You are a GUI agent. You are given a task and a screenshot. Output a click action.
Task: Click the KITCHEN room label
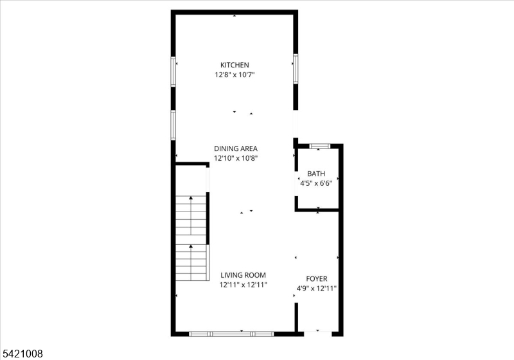click(x=235, y=65)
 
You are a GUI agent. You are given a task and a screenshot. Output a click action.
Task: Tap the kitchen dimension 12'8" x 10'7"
click(x=235, y=75)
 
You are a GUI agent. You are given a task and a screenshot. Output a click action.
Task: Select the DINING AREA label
click(x=236, y=148)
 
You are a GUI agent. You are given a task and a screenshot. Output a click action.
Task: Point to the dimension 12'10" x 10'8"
click(x=236, y=158)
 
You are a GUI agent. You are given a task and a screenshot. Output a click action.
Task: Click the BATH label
click(x=316, y=174)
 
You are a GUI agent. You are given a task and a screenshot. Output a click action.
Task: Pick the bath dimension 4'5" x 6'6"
click(x=316, y=183)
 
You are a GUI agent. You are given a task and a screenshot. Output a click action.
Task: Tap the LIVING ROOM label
click(x=244, y=275)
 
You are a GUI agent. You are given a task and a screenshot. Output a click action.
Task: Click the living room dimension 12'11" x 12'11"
click(x=244, y=285)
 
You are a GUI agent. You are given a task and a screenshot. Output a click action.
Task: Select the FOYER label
click(x=317, y=279)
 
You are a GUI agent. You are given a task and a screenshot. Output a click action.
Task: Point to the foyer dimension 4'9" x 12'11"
click(x=317, y=289)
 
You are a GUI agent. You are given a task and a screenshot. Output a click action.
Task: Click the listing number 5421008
click(x=22, y=354)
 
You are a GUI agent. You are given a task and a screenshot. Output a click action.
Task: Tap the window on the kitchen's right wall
click(x=296, y=69)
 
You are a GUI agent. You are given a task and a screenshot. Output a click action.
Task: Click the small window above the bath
click(x=320, y=146)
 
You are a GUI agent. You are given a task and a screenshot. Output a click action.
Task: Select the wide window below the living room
click(x=231, y=334)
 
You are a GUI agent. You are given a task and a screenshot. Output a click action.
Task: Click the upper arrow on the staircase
click(x=191, y=215)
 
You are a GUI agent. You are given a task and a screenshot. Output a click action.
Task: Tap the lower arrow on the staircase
click(x=191, y=262)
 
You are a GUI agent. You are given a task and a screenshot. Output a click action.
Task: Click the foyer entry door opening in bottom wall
click(x=318, y=334)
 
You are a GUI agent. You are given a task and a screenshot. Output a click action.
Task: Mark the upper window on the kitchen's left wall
click(x=173, y=71)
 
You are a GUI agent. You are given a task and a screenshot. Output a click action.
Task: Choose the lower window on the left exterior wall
click(x=173, y=125)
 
